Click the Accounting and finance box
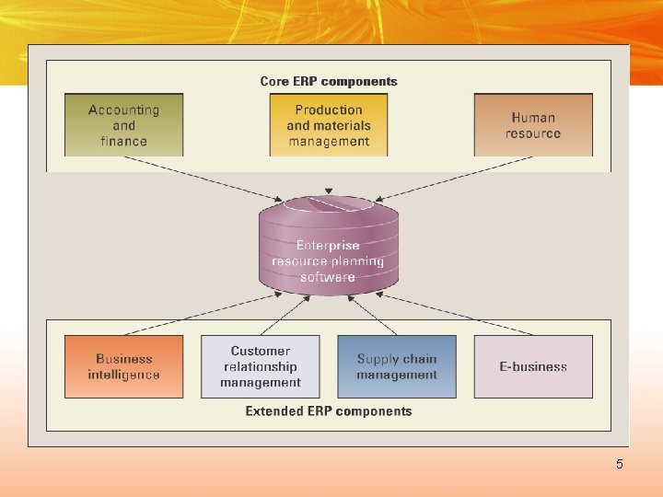(123, 125)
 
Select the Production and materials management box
(329, 125)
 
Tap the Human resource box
(533, 125)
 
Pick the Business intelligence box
(123, 366)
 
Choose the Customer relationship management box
(261, 366)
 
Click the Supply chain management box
(397, 366)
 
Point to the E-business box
(533, 366)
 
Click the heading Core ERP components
(329, 81)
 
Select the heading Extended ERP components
(329, 411)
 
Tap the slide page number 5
(620, 464)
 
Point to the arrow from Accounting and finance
(203, 177)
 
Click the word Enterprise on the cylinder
(328, 246)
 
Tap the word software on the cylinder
(328, 277)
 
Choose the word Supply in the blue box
(376, 359)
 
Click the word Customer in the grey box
(261, 351)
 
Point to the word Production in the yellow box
(329, 110)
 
